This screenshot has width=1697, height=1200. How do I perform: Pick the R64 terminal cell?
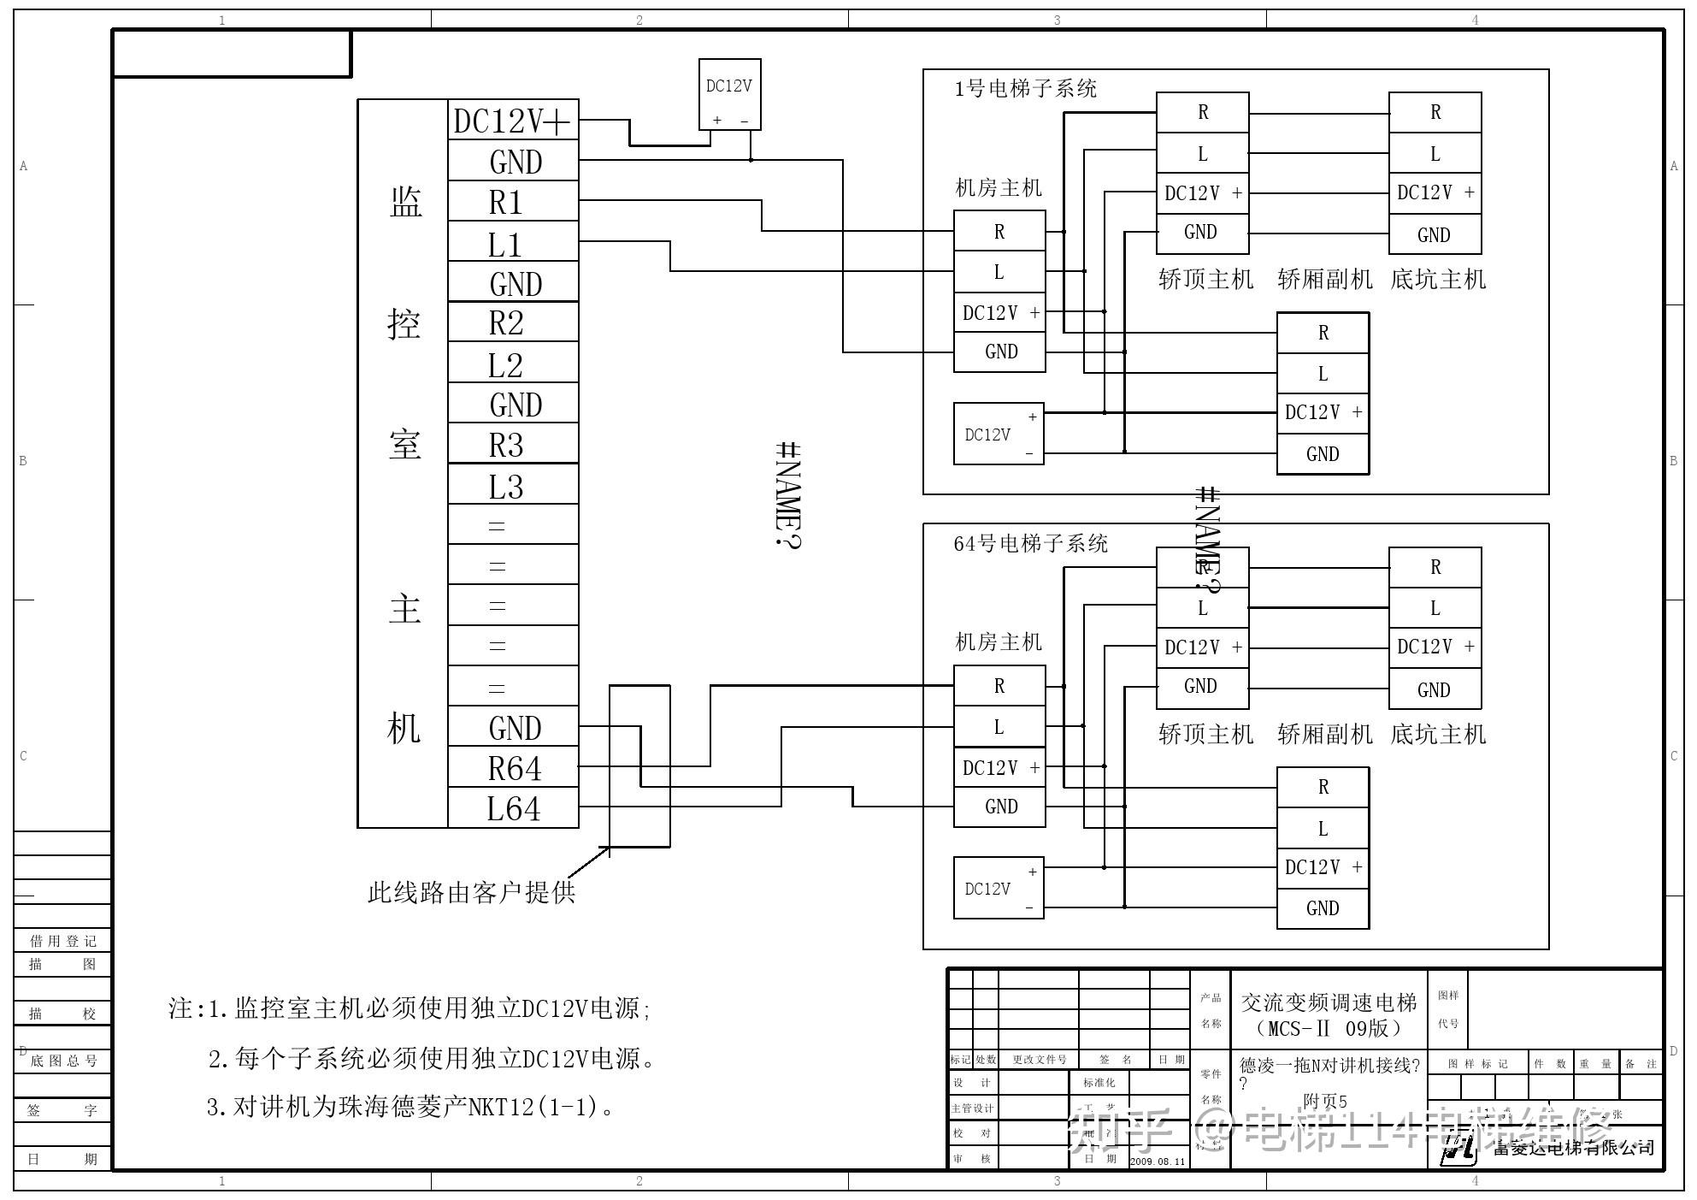click(x=513, y=768)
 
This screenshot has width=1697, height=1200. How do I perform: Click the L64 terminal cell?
click(x=513, y=808)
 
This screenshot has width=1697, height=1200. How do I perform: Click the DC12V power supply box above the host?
click(x=729, y=94)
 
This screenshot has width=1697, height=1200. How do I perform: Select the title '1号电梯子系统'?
click(x=1025, y=89)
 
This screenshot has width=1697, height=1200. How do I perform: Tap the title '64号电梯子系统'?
click(x=1030, y=544)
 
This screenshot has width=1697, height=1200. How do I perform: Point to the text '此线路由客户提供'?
click(x=471, y=893)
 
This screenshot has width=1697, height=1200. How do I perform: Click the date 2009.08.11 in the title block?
click(x=1158, y=1162)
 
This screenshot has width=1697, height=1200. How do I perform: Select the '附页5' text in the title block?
click(x=1324, y=1102)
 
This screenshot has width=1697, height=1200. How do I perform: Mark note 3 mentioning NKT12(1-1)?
click(x=410, y=1108)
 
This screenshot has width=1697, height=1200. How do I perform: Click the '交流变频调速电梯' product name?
click(x=1329, y=1002)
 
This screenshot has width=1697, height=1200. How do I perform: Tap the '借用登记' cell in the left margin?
click(x=63, y=941)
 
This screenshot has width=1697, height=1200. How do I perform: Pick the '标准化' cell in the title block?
click(x=1099, y=1083)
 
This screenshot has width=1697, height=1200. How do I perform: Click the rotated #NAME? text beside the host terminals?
click(x=787, y=495)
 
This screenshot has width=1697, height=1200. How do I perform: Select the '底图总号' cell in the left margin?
click(x=63, y=1061)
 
